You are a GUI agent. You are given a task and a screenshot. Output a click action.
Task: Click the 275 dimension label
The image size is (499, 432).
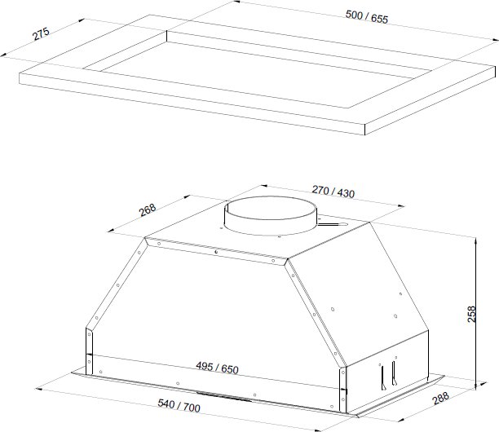(x=42, y=33)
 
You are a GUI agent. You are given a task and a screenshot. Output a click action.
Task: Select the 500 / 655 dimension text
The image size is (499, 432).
(x=367, y=17)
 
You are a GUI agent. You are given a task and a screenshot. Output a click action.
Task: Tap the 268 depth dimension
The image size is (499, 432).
(x=148, y=210)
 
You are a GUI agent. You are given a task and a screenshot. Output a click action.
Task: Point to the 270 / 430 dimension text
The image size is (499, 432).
(x=333, y=192)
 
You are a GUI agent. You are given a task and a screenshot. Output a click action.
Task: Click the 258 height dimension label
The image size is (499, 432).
(x=471, y=314)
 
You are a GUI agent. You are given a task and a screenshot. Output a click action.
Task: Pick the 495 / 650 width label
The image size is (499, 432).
(x=217, y=368)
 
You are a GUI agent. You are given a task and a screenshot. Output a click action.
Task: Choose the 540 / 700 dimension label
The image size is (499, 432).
(x=179, y=406)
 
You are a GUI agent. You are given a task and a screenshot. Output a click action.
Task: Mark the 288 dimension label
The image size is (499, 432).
(x=441, y=398)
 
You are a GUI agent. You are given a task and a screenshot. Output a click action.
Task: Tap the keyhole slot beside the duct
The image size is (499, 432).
(x=332, y=225)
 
